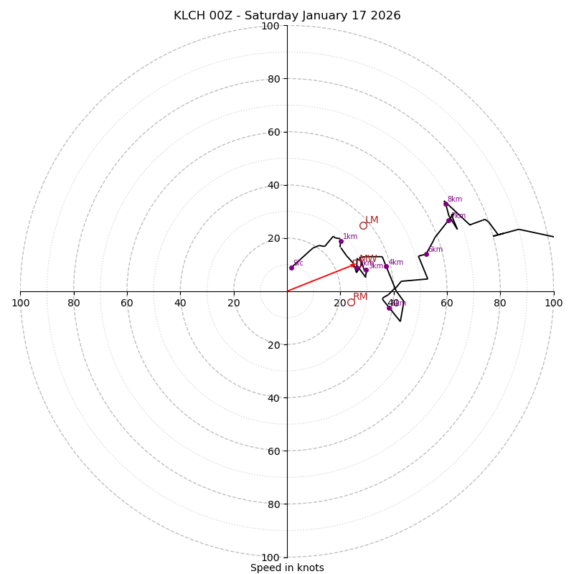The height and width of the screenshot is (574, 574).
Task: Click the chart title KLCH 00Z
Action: [287, 16]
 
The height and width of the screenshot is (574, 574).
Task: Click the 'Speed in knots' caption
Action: [287, 568]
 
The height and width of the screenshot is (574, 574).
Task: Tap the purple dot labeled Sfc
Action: [291, 268]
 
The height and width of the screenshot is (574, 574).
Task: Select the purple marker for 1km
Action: [341, 241]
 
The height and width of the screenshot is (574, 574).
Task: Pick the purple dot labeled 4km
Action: [386, 266]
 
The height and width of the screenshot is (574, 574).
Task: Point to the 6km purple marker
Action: [426, 254]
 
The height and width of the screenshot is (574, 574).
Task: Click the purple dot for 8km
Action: [446, 204]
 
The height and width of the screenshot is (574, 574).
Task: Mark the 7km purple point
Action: [449, 220]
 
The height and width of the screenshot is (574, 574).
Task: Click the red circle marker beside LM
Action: [363, 226]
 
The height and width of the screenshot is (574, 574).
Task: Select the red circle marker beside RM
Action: [351, 302]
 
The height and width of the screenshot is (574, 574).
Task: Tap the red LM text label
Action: [372, 220]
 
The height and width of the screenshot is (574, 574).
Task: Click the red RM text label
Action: [360, 297]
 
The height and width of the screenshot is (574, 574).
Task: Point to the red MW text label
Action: [368, 259]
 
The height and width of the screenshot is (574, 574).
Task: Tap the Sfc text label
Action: [298, 263]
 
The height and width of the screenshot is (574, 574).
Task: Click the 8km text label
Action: [455, 199]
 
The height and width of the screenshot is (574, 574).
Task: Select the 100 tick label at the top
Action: [270, 26]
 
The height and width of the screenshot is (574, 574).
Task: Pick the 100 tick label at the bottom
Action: [270, 557]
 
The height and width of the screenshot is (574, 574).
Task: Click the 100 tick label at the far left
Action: [20, 303]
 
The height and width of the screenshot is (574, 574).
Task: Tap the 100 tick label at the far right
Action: [553, 303]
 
